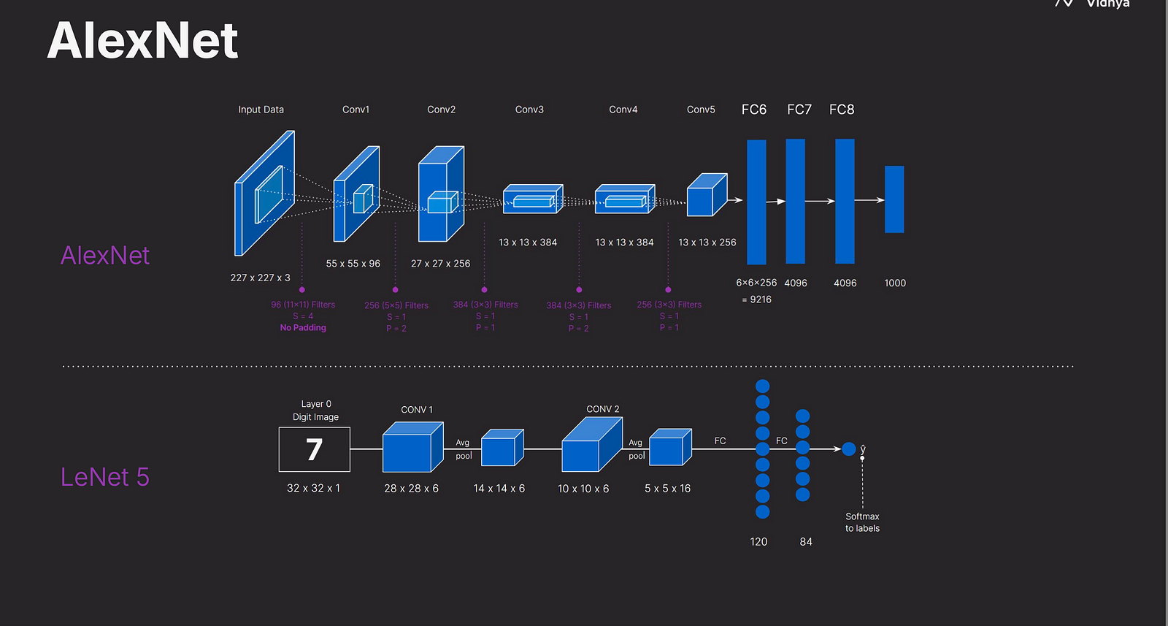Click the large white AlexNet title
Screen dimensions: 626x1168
pos(142,41)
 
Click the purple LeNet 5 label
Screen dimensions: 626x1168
pos(104,477)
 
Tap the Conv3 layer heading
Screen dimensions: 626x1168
pos(529,110)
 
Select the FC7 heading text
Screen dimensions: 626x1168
pos(799,110)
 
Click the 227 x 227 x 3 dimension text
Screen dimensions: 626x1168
pos(260,278)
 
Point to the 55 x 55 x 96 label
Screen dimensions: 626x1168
pos(353,264)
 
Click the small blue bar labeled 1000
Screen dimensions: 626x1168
pos(894,199)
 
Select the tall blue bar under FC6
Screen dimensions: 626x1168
pos(756,202)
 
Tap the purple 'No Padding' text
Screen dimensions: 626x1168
pos(303,328)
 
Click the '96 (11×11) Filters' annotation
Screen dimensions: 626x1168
pos(303,305)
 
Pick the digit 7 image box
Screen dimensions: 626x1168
pos(314,449)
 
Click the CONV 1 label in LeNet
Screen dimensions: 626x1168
pos(416,410)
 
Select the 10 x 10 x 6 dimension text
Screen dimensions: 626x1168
pos(583,489)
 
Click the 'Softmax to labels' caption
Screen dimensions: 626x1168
pos(862,522)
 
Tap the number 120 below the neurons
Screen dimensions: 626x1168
pos(758,542)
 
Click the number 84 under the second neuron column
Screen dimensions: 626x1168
pos(806,542)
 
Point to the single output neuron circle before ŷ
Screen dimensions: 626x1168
pos(848,449)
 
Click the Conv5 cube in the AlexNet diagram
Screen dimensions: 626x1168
pos(706,196)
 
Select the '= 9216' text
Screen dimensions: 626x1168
pos(756,299)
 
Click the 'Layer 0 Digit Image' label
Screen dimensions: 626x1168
pos(315,411)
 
